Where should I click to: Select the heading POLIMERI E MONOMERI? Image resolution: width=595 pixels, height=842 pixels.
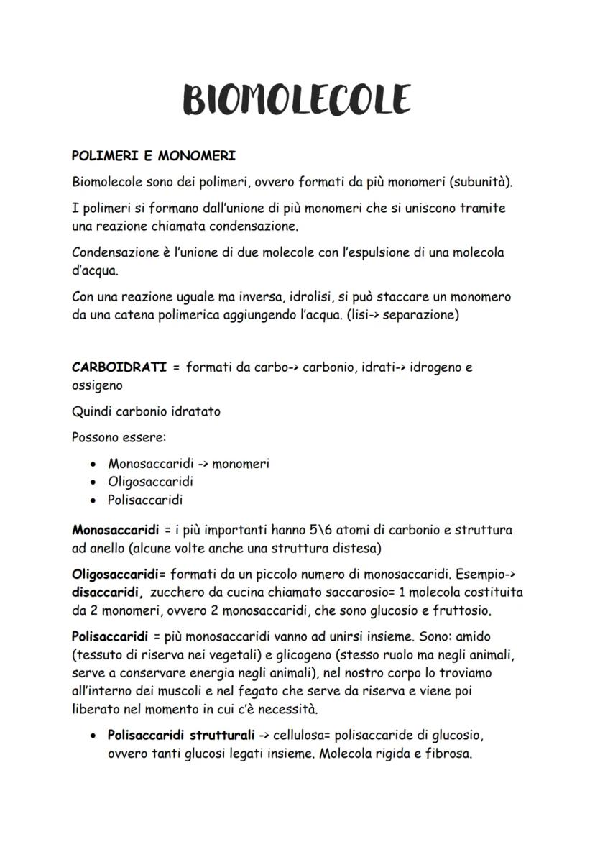[x=154, y=155]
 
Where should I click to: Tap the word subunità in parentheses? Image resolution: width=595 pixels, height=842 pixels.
[x=481, y=181]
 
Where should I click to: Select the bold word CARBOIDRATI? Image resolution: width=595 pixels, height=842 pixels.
[x=119, y=367]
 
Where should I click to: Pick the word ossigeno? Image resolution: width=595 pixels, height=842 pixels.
[x=98, y=385]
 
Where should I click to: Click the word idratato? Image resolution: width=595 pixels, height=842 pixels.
[x=195, y=412]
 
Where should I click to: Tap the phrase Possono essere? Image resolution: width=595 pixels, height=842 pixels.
[x=119, y=437]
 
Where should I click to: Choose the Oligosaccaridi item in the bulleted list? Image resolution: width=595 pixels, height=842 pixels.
[x=150, y=482]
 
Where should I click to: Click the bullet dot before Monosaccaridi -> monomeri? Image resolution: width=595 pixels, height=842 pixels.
[x=93, y=465]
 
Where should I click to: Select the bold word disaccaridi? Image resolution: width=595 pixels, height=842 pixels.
[x=107, y=593]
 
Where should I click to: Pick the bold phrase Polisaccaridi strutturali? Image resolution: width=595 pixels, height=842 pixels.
[x=180, y=736]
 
